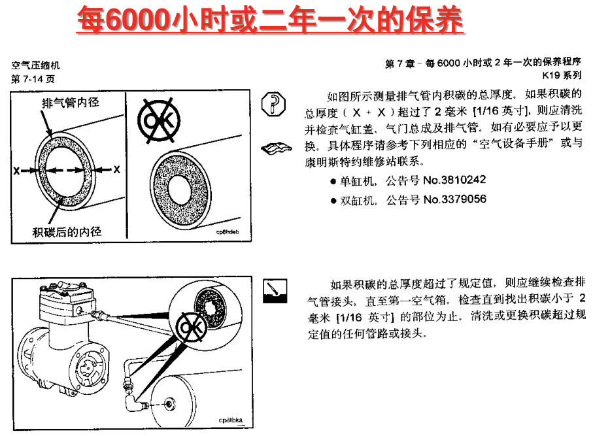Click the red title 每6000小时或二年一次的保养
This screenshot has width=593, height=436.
point(270,20)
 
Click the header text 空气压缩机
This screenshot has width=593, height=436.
point(35,65)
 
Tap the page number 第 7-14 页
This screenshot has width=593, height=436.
point(33,79)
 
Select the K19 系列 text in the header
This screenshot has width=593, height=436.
point(562,75)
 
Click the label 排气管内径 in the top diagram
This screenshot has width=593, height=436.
point(71,103)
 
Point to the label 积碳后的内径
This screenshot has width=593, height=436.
point(67,231)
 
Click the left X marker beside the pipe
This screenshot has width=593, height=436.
point(16,171)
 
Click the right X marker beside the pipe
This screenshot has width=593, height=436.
point(117,169)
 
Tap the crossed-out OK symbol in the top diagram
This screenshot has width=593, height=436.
point(159,121)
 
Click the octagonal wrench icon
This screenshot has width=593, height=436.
point(273,104)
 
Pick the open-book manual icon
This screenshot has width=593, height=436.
point(277,148)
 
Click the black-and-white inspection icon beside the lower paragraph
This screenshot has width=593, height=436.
point(275,291)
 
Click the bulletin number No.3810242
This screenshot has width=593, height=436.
point(454,180)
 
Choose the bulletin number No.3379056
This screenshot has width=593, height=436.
point(454,199)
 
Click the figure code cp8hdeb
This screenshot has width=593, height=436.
point(228,232)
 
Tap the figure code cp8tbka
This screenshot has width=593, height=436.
point(230,420)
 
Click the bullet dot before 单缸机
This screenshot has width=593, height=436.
point(333,182)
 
